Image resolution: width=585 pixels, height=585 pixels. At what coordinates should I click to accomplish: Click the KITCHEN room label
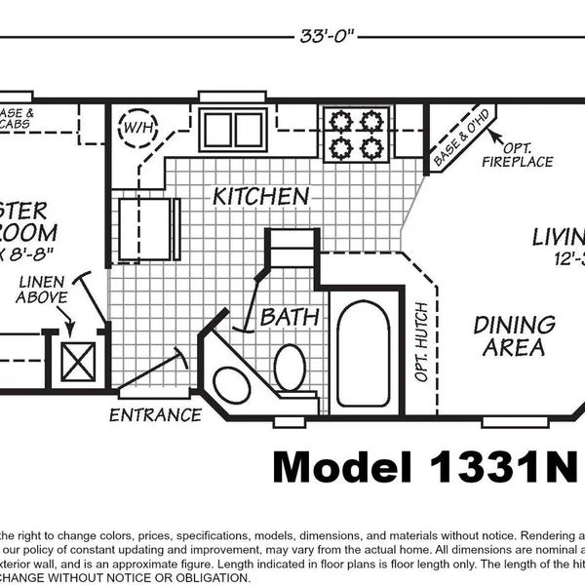coord(261,196)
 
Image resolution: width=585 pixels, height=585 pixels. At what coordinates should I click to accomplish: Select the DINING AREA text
coord(514,335)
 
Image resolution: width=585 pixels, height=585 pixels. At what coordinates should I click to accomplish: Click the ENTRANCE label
coord(155,414)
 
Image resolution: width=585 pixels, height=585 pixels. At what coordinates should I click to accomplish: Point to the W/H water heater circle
coord(136,127)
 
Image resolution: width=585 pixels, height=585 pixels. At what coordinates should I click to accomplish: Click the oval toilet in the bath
coord(290,370)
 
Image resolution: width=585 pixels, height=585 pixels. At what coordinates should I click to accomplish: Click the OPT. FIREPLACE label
coord(517,153)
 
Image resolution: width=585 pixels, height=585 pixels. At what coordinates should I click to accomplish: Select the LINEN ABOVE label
coord(42,290)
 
